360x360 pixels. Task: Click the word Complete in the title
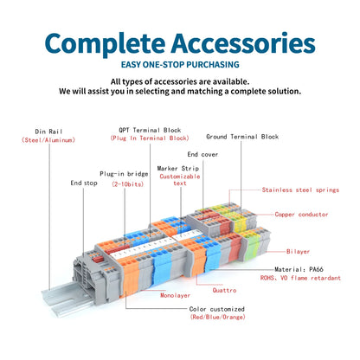[x=105, y=44]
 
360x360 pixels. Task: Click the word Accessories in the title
[x=243, y=43]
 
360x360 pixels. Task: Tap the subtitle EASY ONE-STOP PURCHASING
[x=180, y=64]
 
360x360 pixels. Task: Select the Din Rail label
[x=48, y=132]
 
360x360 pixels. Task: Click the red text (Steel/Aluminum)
[x=48, y=140]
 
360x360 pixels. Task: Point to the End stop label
[x=84, y=183]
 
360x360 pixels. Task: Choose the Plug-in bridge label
[x=124, y=174]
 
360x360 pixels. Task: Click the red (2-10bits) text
[x=127, y=184]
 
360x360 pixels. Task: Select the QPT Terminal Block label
[x=150, y=130]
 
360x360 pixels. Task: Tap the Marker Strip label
[x=178, y=168]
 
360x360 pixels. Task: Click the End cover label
[x=202, y=154]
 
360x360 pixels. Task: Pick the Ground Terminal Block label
[x=242, y=137]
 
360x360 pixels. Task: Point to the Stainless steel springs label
[x=300, y=190]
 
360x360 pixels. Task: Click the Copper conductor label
[x=301, y=215]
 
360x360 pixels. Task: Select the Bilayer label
[x=298, y=252]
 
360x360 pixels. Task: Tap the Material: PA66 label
[x=299, y=269]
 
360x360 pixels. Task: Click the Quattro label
[x=224, y=291]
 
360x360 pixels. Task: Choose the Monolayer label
[x=175, y=295]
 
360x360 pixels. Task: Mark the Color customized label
[x=217, y=309]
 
